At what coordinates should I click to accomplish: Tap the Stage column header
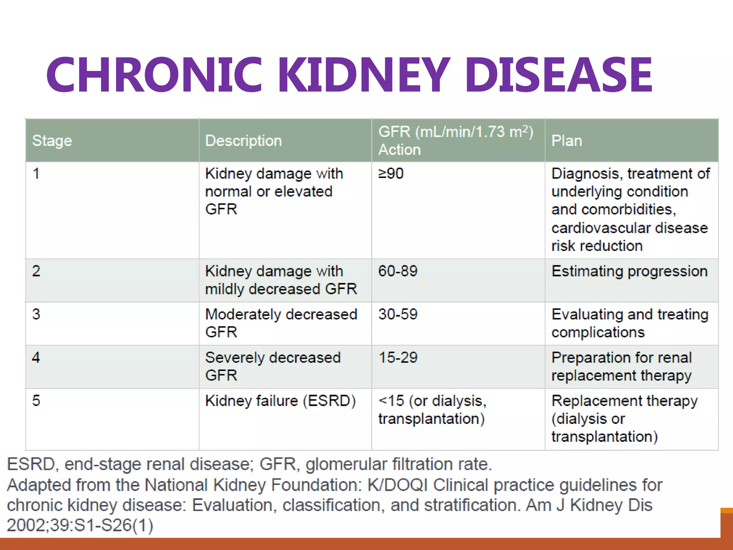pos(52,141)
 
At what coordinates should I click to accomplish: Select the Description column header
pos(243,141)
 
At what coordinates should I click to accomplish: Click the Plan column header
pos(567,141)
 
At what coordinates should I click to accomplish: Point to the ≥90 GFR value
pos(391,174)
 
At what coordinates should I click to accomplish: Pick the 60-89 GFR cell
pos(398,271)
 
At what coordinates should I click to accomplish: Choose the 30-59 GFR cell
pos(398,314)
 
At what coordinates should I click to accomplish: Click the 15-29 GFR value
pos(398,357)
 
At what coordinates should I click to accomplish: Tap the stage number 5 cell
pos(36,401)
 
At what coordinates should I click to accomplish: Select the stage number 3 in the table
pos(36,314)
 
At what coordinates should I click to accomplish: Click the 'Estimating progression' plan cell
pos(629,271)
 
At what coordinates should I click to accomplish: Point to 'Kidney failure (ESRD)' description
pos(280,401)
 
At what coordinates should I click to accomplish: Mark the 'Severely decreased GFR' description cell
pos(273,366)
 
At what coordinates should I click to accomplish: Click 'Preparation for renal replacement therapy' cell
pos(621,366)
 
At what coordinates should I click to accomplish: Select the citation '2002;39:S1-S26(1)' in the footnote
pos(80,525)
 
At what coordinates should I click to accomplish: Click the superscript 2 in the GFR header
pos(525,128)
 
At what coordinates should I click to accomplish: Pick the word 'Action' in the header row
pos(399,150)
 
